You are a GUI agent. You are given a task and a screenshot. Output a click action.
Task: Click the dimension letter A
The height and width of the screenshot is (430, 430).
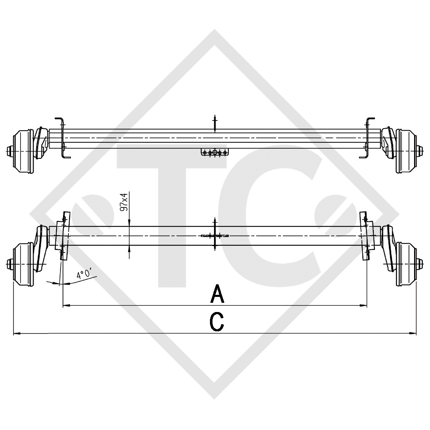click(x=217, y=294)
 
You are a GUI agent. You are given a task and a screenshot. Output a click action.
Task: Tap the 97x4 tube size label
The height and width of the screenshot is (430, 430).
click(x=125, y=202)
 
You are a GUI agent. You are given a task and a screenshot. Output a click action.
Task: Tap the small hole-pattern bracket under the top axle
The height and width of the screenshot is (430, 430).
click(x=215, y=152)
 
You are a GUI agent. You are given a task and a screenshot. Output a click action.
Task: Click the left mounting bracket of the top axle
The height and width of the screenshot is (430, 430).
click(x=62, y=139)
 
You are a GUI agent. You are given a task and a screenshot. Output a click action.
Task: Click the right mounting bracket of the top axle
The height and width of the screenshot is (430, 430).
click(x=368, y=139)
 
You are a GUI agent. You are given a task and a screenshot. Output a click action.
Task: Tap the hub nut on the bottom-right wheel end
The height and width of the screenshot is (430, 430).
click(x=421, y=263)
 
